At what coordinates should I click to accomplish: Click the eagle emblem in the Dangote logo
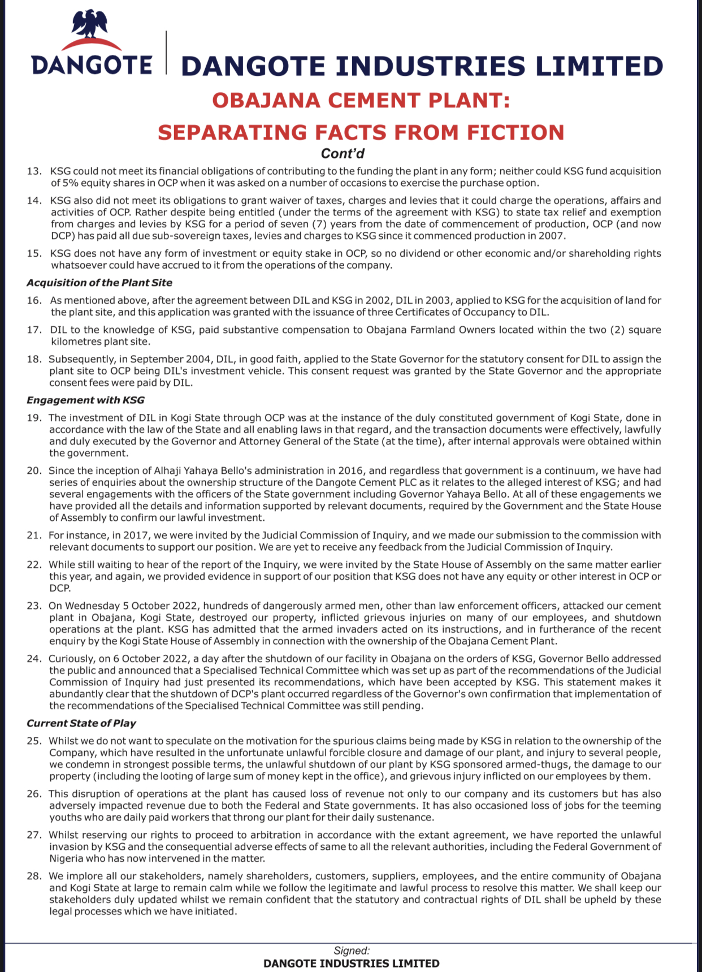(90, 25)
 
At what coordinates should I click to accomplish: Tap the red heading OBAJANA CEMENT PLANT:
(361, 101)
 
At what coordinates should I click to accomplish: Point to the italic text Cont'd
(343, 154)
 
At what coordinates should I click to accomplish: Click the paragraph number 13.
(34, 171)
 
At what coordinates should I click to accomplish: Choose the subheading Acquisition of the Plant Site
(99, 283)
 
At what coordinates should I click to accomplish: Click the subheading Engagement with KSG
(85, 400)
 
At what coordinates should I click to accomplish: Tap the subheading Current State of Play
(81, 723)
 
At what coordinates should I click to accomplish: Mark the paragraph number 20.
(34, 470)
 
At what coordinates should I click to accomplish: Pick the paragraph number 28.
(34, 876)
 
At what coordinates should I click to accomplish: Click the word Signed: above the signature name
(352, 951)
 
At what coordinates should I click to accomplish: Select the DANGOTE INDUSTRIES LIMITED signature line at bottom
(351, 963)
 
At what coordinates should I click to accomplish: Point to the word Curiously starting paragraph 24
(72, 659)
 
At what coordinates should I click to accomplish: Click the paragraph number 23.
(34, 606)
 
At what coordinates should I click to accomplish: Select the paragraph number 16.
(34, 300)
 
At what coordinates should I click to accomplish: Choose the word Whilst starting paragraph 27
(64, 835)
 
